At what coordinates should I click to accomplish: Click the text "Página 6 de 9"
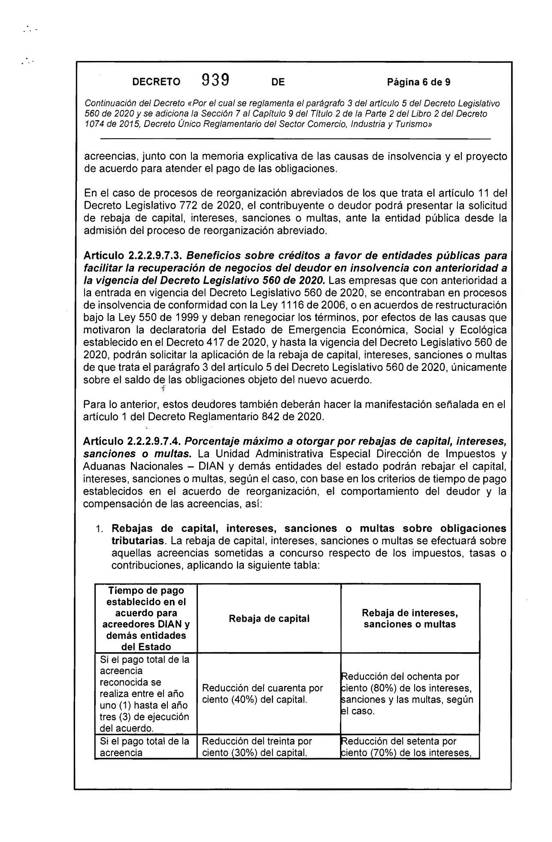[x=419, y=82]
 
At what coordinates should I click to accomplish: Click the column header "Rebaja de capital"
[x=269, y=619]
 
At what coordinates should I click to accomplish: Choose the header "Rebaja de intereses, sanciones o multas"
[x=410, y=619]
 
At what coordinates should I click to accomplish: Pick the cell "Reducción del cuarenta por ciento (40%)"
[x=262, y=694]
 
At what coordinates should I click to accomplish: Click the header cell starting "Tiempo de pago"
[x=146, y=619]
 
